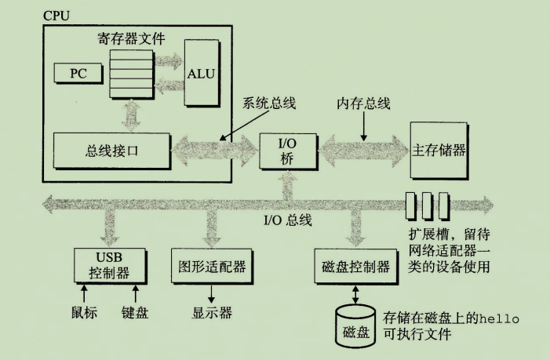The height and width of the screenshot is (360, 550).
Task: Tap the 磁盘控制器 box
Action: point(355,267)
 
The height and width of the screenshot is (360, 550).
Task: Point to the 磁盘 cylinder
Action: point(355,329)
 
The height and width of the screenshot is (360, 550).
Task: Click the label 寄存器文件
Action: point(126,36)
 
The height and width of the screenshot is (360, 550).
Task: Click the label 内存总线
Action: point(363,104)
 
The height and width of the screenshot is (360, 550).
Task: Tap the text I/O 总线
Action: point(287,220)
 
